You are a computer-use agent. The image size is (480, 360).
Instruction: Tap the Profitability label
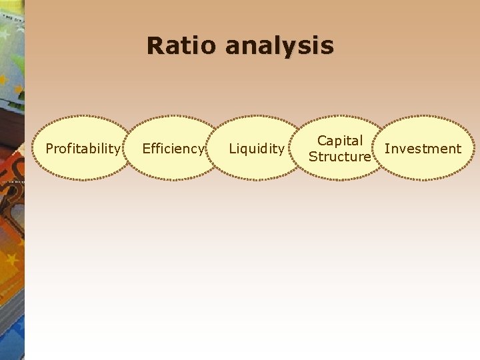click(83, 149)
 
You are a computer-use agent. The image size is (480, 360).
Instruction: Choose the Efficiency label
click(173, 149)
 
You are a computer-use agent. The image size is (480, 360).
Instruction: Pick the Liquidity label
click(257, 149)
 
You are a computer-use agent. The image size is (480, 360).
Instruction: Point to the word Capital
click(340, 141)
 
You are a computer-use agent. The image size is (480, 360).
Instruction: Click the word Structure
click(339, 157)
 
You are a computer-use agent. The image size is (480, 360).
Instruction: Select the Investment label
click(423, 149)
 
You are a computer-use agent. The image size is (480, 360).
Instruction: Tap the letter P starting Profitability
click(49, 148)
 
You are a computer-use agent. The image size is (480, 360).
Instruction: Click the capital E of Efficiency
click(146, 148)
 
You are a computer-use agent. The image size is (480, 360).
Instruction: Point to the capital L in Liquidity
click(232, 148)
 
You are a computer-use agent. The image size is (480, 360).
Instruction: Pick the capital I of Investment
click(387, 148)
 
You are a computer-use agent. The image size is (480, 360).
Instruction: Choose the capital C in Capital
click(321, 141)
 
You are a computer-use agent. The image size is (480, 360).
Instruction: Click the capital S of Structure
click(312, 157)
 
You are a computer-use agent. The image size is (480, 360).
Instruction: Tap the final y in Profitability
click(117, 150)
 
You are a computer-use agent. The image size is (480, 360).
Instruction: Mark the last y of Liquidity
click(281, 150)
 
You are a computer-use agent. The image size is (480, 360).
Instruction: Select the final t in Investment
click(459, 149)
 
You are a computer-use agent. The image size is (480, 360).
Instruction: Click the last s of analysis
click(327, 47)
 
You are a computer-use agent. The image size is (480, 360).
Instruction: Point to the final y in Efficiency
click(200, 150)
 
